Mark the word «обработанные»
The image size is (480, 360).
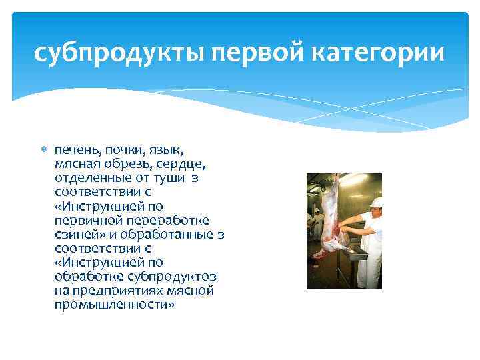(177, 235)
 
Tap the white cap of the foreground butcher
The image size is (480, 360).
(376, 201)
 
